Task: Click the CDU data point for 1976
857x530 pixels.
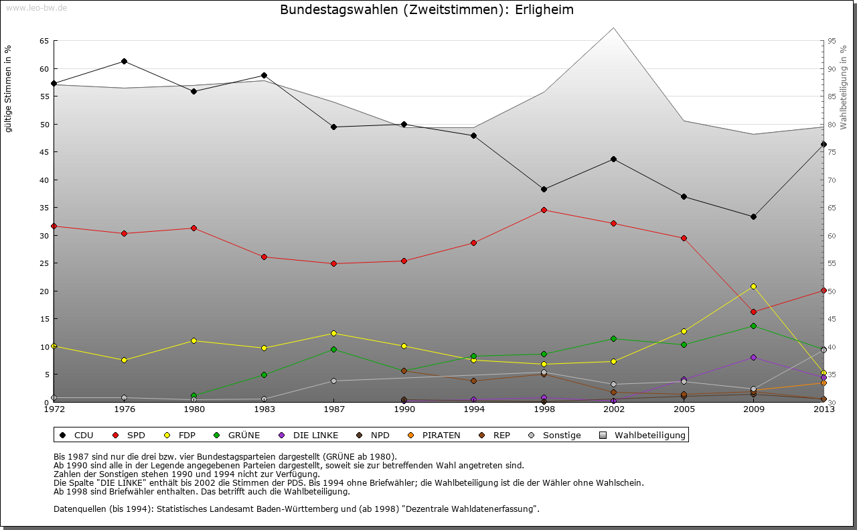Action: pos(124,61)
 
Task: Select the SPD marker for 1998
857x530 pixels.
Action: pos(544,210)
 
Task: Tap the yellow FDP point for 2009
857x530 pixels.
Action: pos(753,286)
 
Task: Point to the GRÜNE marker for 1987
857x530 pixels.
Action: pos(333,349)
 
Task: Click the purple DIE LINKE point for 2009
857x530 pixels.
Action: pos(753,357)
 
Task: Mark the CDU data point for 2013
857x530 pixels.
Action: pos(824,144)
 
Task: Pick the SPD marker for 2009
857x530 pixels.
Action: pos(753,312)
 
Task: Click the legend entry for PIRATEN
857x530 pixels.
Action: pos(435,436)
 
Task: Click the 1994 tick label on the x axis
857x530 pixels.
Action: pos(473,409)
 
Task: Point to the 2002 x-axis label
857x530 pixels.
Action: pos(613,409)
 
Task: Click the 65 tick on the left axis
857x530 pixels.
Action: pos(44,41)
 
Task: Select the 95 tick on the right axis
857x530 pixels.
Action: pos(832,41)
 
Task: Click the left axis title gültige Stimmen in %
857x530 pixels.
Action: pos(9,88)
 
